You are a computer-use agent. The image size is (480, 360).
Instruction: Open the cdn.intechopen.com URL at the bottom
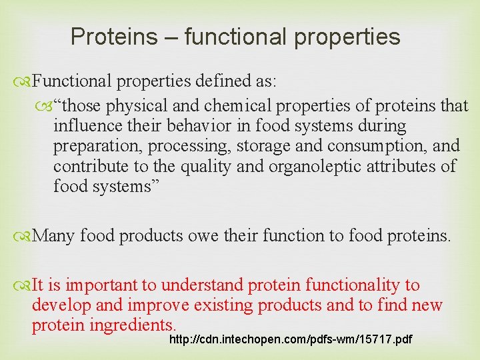point(291,340)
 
